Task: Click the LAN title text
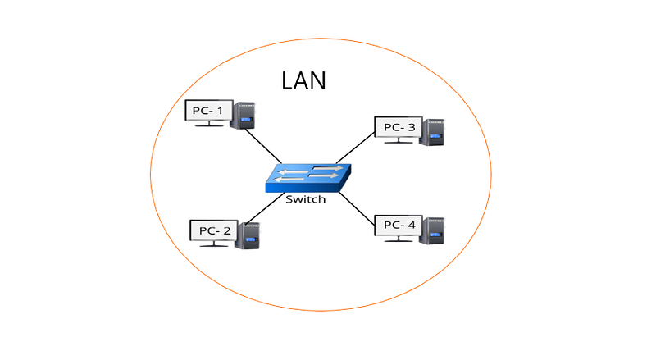click(x=303, y=80)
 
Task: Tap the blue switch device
click(x=308, y=178)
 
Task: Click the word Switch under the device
click(x=305, y=199)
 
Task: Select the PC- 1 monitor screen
click(x=209, y=111)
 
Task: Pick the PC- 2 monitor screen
click(x=214, y=230)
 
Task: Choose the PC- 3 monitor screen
click(x=399, y=127)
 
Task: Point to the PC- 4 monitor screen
click(x=399, y=226)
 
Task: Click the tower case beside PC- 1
click(x=244, y=115)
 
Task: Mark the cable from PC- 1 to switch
click(x=263, y=146)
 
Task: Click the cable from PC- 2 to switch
click(x=265, y=208)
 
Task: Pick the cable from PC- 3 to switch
click(x=356, y=148)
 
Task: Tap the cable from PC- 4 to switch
click(x=357, y=209)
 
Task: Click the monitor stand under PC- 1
click(x=209, y=124)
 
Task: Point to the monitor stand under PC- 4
click(x=399, y=239)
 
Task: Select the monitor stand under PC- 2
click(x=214, y=244)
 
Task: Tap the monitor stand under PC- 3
click(x=399, y=141)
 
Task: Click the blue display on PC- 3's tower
click(x=436, y=136)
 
